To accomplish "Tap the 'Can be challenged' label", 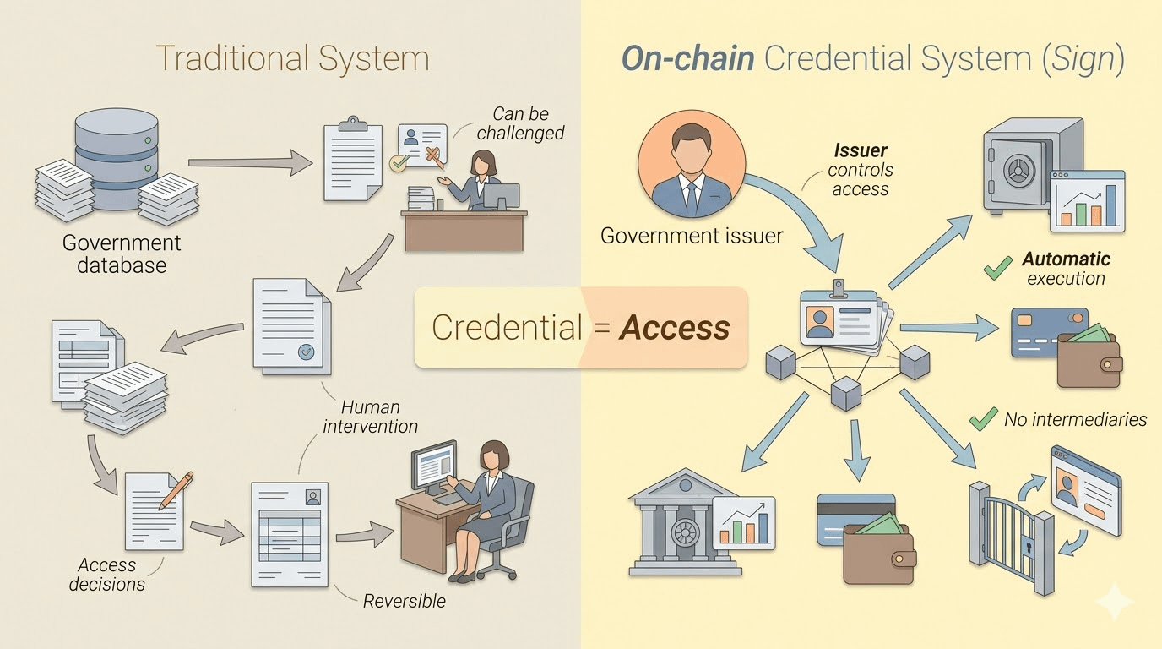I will click(520, 123).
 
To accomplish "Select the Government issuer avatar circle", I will click(692, 161).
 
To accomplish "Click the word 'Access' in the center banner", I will click(674, 327).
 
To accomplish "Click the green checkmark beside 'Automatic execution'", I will click(998, 269).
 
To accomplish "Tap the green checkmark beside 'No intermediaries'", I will click(983, 418).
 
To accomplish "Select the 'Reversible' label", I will click(404, 601).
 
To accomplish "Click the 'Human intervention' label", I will click(370, 417).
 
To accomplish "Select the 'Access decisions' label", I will click(106, 575).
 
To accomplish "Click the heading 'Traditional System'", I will click(292, 59).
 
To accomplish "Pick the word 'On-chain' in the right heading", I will click(688, 59).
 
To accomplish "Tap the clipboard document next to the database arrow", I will click(351, 161).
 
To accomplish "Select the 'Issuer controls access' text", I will click(861, 170).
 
